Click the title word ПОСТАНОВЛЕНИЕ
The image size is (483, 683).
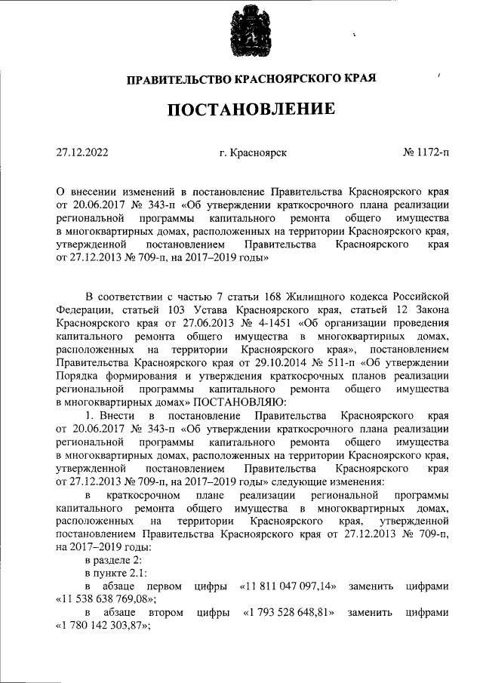[251, 110]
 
